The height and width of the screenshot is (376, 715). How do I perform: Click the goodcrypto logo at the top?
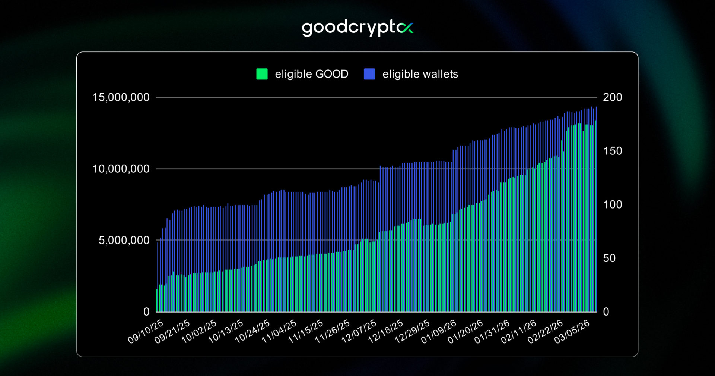(x=357, y=28)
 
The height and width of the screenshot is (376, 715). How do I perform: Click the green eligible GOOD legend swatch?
(x=262, y=74)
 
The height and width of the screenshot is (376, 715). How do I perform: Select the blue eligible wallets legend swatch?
(x=369, y=74)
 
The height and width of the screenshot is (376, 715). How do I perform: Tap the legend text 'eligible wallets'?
(x=420, y=74)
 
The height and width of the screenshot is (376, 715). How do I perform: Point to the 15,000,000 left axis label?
(x=121, y=97)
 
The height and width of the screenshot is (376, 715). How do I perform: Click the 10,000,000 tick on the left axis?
(x=121, y=169)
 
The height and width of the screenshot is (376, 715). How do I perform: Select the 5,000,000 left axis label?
(x=124, y=240)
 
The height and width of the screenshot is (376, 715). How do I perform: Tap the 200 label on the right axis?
(x=612, y=97)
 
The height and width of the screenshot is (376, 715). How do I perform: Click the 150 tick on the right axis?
(x=612, y=151)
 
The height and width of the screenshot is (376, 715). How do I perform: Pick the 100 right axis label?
(x=612, y=204)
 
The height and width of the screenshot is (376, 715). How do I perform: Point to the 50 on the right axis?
(x=609, y=258)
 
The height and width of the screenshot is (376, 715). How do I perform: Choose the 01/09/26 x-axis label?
(x=439, y=331)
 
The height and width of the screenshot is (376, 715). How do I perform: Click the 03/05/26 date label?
(x=572, y=331)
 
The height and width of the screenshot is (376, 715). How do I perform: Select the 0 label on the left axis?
(x=146, y=311)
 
